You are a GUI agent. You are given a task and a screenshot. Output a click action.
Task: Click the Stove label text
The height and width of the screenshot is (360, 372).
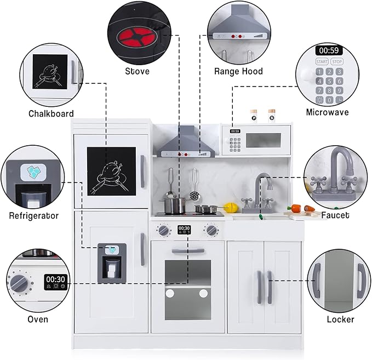[x=137, y=71]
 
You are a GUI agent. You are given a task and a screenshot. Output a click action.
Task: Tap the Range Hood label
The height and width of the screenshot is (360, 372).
[x=238, y=71]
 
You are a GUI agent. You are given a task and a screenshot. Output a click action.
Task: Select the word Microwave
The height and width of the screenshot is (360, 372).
[x=327, y=112]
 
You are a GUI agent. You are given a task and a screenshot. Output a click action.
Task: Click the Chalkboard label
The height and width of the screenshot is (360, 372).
[x=51, y=113]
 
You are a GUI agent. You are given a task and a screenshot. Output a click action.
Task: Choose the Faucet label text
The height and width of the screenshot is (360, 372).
[x=335, y=215]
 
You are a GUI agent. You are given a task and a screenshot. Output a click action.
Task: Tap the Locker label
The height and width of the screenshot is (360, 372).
[x=341, y=319]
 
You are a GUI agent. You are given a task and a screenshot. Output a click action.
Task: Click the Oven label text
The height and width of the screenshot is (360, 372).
[x=37, y=319]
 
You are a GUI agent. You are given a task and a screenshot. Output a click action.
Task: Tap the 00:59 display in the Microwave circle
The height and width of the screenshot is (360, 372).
[x=328, y=50]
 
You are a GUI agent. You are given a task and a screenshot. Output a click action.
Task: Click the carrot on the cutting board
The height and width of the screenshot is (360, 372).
[x=296, y=209]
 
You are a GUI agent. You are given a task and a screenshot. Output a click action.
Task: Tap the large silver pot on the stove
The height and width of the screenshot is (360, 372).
[x=174, y=205]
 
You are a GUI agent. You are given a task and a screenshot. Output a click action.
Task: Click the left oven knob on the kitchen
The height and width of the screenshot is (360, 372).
[x=163, y=230]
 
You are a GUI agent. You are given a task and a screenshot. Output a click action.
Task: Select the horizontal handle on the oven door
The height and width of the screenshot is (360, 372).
[x=188, y=251]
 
